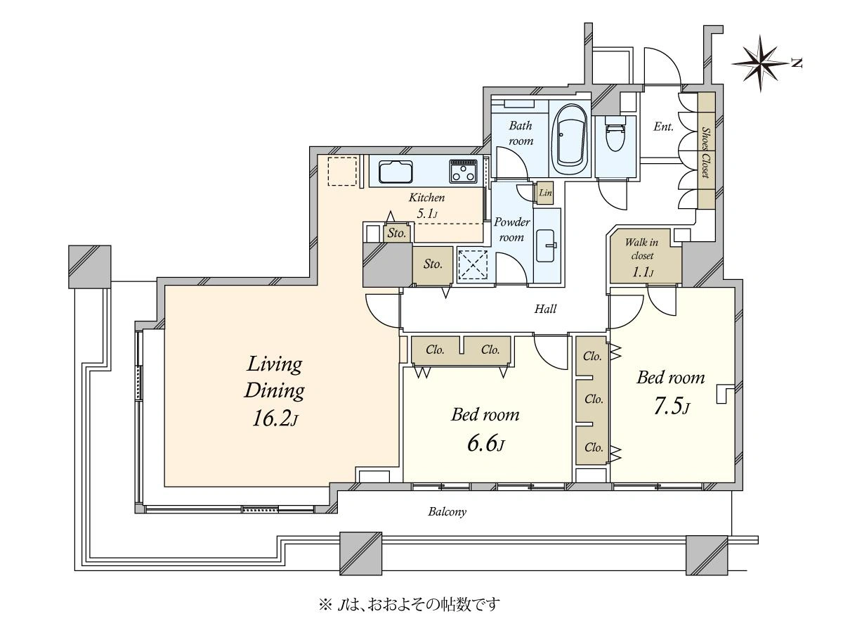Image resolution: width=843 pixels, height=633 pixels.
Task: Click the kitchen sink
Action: (396, 172)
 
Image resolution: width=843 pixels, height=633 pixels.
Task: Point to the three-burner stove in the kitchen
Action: (463, 171)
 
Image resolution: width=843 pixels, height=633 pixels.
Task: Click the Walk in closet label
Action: (641, 249)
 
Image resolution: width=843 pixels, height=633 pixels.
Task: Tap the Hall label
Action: (545, 309)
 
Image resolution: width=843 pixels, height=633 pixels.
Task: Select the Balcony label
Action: (447, 511)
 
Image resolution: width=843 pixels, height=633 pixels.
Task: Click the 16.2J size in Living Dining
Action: (275, 419)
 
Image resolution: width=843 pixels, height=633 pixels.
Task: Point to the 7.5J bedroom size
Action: (672, 407)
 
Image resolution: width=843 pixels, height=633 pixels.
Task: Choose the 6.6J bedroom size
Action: (486, 444)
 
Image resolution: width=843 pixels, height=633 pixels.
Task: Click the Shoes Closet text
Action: (706, 152)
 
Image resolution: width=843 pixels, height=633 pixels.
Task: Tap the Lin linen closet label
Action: (545, 193)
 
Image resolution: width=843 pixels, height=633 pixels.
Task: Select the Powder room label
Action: (511, 229)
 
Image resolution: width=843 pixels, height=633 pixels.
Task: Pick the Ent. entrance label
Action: (663, 127)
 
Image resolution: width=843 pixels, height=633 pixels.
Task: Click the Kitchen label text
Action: (426, 198)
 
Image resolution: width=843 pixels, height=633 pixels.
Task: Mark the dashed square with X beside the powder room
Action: (473, 265)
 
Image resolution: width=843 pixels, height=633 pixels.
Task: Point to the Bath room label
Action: (521, 133)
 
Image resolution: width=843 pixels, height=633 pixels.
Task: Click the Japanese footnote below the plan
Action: (409, 604)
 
